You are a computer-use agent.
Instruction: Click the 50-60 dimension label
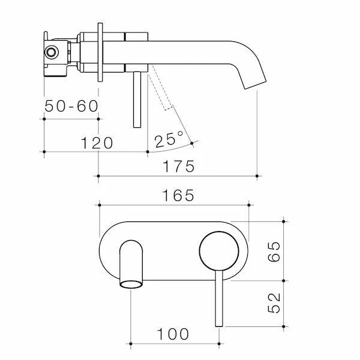[71, 106]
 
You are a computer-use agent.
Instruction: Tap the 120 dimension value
[97, 143]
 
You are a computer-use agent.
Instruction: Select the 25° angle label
[169, 139]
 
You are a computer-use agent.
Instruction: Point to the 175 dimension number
[179, 166]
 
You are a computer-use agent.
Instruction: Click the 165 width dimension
[178, 196]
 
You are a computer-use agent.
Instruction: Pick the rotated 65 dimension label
[274, 251]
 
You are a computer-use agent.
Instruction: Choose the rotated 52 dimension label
[274, 303]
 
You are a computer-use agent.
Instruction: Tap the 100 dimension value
[173, 334]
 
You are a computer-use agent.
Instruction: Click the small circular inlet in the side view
[51, 52]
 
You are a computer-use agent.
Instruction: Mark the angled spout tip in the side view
[255, 85]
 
